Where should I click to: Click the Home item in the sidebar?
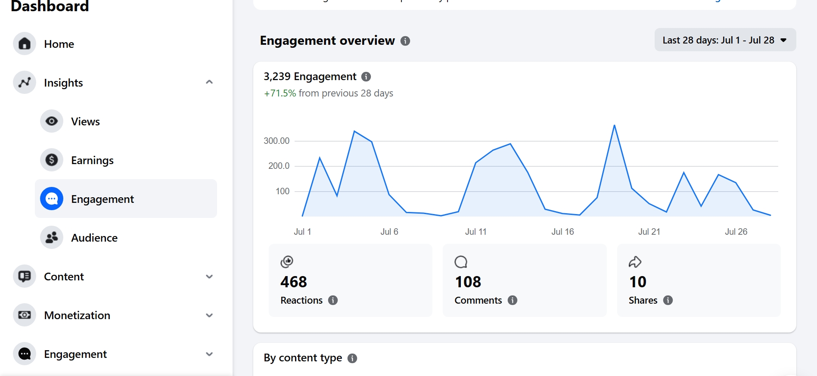(59, 44)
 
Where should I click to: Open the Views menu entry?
(85, 121)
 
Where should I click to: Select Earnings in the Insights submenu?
(92, 160)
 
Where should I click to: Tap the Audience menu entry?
(94, 238)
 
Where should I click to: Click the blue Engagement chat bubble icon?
(52, 199)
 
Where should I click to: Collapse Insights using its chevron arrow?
(209, 82)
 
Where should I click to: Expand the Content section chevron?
(209, 277)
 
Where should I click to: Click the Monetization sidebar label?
(77, 315)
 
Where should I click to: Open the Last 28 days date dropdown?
(725, 40)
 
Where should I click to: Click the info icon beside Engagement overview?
(405, 41)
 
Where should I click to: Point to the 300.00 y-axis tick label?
(276, 141)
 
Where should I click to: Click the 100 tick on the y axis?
(283, 191)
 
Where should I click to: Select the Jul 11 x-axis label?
(476, 232)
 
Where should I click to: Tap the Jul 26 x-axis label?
(736, 232)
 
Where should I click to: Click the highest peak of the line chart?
(615, 125)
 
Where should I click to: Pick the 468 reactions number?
(294, 282)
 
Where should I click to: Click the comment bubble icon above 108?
(461, 262)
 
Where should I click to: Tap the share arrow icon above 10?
(635, 262)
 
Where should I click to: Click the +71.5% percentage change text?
(280, 93)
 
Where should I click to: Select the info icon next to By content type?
(352, 358)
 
